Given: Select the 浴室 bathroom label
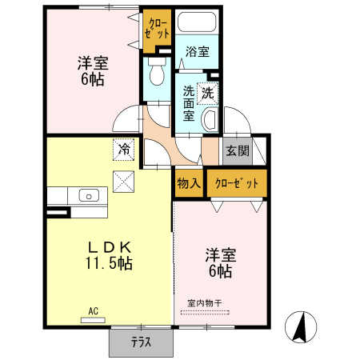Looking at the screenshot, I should (x=198, y=52).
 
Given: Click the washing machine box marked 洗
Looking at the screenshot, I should (x=208, y=92).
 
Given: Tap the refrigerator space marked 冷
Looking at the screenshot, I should (x=124, y=148).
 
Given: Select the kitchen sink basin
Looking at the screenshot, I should (x=88, y=195).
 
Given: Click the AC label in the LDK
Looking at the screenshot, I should (x=93, y=311).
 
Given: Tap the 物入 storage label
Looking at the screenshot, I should (x=189, y=184).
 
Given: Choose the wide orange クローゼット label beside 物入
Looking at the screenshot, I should (x=237, y=184).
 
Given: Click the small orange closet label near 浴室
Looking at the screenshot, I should (x=156, y=29).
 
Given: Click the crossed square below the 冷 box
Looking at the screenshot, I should (x=124, y=182).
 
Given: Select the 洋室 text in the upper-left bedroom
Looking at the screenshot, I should (x=94, y=62).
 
